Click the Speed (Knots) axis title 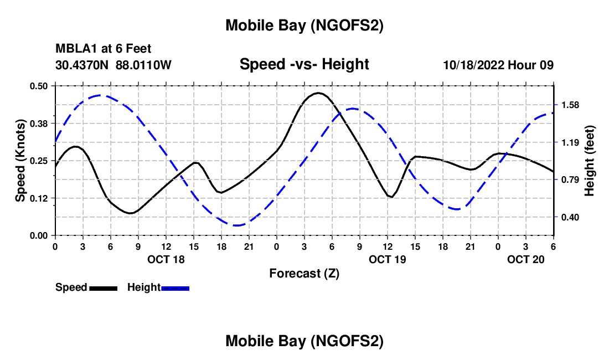point(20,161)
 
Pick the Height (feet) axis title point(589,161)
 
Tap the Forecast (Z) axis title point(304,273)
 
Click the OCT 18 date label point(166,259)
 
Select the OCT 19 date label point(388,259)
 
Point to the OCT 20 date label point(526,259)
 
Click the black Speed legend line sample point(103,287)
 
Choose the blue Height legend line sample point(176,287)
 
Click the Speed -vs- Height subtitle point(304,64)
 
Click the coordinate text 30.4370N point(83,65)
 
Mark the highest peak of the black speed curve point(318,93)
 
